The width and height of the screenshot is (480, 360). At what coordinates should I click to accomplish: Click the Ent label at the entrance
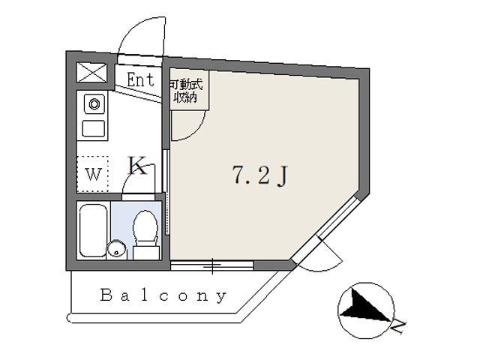140,79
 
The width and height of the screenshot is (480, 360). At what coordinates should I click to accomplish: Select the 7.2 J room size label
260,175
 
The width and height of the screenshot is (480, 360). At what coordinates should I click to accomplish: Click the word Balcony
163,296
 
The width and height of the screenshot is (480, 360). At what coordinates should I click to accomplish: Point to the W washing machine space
93,174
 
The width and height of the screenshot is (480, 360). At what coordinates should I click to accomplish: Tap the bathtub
93,230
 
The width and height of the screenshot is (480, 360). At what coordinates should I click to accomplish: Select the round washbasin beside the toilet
117,249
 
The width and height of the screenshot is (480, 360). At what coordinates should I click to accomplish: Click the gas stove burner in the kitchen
94,104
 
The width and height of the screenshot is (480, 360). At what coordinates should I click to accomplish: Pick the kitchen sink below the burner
94,128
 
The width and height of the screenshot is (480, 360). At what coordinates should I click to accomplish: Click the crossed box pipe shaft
91,72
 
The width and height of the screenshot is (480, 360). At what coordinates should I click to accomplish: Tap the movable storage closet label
186,91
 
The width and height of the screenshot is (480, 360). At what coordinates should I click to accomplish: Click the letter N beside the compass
398,327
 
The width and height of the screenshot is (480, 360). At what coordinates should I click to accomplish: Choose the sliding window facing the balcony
212,265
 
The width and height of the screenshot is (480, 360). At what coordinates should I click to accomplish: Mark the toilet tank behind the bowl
146,253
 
